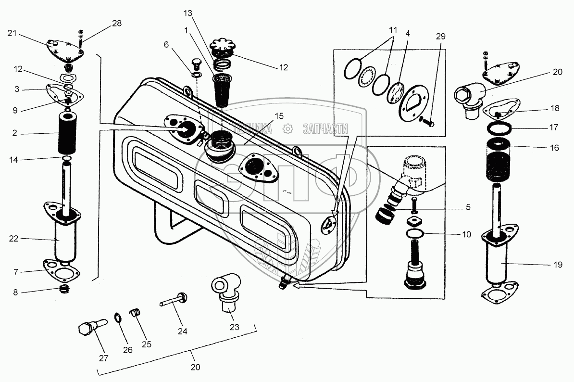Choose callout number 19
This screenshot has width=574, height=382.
click(556, 264)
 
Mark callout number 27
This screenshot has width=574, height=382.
click(104, 358)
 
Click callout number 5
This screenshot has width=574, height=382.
click(467, 208)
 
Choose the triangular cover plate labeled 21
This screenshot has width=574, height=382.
click(65, 51)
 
